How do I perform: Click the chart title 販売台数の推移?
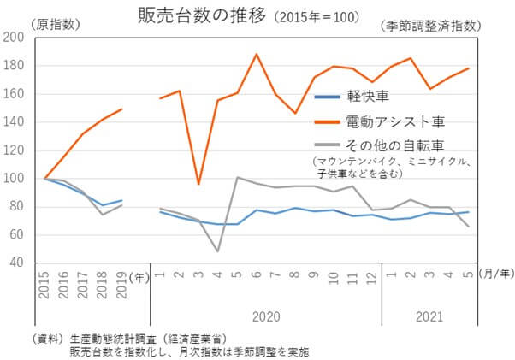(203, 15)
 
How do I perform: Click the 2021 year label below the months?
(429, 316)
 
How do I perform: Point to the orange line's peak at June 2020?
(255, 55)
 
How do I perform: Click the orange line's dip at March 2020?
(198, 184)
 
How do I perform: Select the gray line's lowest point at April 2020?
(217, 251)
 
